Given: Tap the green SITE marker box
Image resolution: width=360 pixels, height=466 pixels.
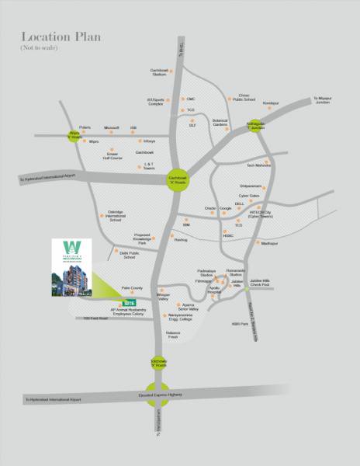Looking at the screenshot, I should point(130,303).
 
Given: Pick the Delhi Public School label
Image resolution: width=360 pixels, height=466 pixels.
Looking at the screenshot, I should point(112,253).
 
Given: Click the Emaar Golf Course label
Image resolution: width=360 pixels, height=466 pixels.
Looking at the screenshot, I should point(115,156).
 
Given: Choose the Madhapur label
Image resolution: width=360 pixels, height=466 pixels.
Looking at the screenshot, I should point(269,244).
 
